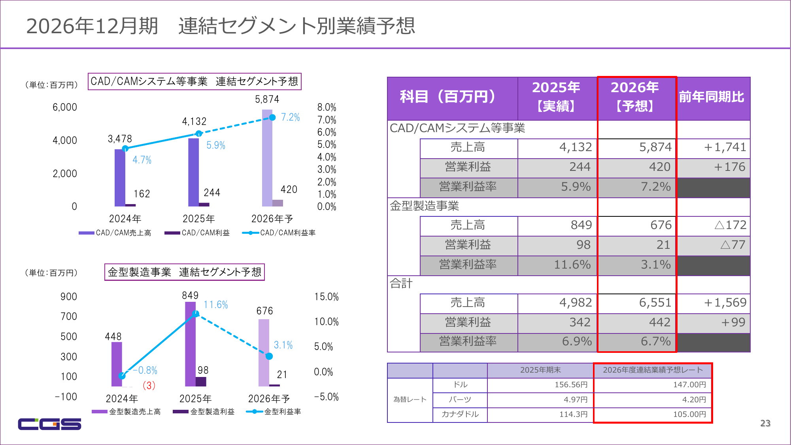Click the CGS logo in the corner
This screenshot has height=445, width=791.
49,424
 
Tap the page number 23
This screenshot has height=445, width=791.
765,423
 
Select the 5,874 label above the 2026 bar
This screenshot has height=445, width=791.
267,99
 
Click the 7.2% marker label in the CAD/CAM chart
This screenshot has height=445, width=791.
291,117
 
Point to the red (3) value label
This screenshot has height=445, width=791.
149,385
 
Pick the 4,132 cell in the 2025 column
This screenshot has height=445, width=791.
576,147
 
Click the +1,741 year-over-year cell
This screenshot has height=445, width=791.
725,147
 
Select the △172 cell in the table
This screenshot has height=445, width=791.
731,225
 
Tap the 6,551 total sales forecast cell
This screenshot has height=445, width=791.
655,303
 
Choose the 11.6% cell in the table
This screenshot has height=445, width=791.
572,264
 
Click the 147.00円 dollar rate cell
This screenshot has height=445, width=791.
689,384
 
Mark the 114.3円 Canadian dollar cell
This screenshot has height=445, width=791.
573,414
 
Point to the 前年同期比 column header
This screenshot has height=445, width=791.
712,97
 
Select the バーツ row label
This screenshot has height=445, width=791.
460,400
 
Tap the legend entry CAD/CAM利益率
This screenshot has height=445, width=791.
287,233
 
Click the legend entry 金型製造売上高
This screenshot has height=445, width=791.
135,412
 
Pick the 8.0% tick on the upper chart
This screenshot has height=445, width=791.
327,107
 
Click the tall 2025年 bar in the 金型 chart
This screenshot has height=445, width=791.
191,344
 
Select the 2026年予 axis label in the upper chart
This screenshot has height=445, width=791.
272,219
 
